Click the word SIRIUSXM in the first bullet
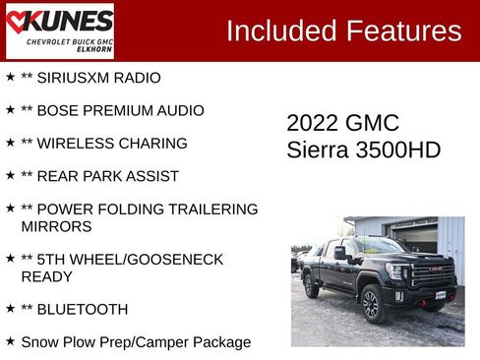[x=74, y=77]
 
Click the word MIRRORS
[x=56, y=226]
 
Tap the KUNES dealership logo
[x=59, y=30]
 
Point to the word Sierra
[x=317, y=150]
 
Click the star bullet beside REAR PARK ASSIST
[x=10, y=176]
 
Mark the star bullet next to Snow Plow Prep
[x=10, y=341]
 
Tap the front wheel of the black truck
[x=371, y=305]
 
